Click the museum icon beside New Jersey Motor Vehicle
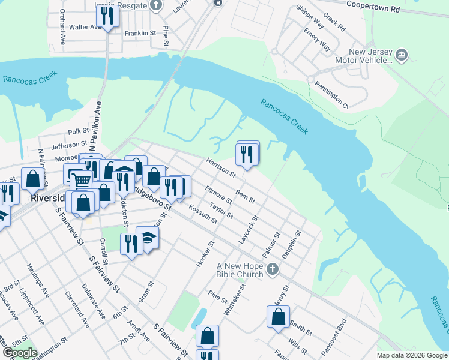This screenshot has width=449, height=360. click(402, 56)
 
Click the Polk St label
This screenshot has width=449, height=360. click(78, 131)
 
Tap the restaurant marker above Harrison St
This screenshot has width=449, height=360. click(248, 155)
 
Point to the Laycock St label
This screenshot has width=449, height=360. click(247, 229)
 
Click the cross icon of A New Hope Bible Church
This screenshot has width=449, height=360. click(273, 268)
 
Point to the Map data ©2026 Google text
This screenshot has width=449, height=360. click(411, 355)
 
